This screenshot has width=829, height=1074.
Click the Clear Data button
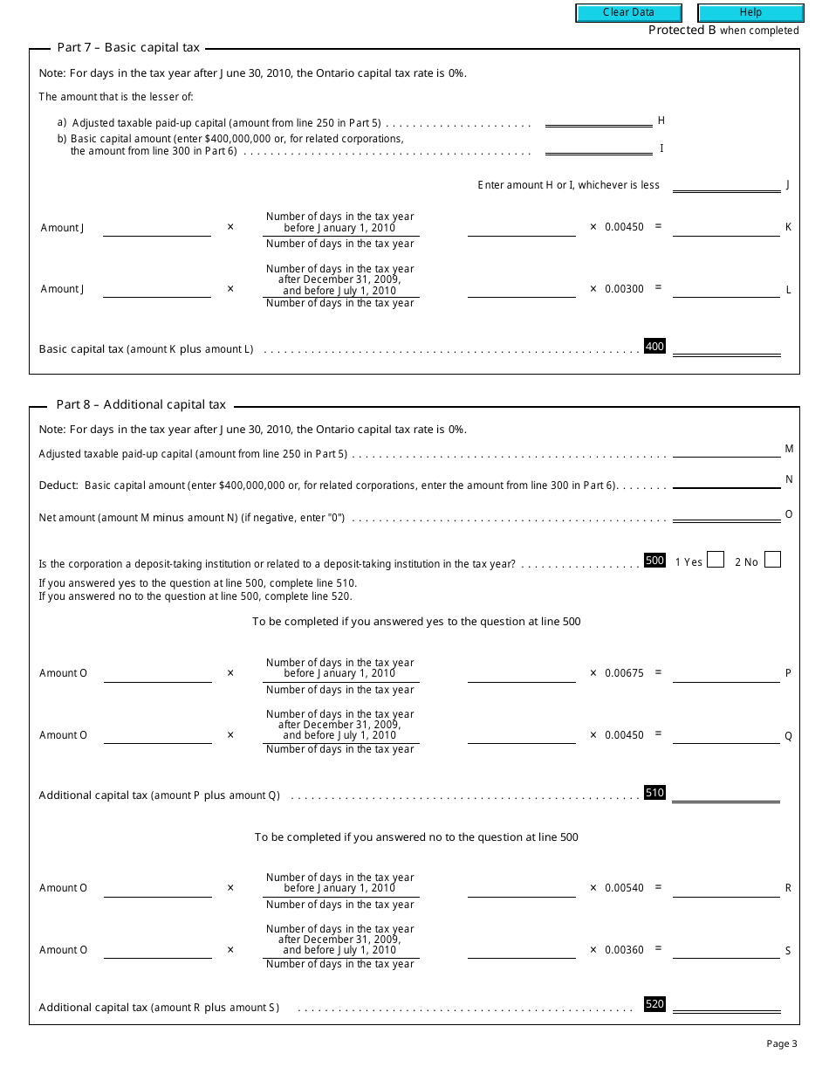pos(628,13)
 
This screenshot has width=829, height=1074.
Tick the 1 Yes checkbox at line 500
pos(716,561)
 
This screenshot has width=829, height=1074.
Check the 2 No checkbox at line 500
pos(772,561)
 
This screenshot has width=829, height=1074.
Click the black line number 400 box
pos(654,347)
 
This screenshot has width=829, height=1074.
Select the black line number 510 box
pos(654,793)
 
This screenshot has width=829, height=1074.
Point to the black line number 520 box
pos(654,1004)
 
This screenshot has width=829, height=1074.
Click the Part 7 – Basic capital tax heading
pos(128,48)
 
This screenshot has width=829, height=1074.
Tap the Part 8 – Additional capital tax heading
pos(141,404)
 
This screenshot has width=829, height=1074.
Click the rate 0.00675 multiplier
pos(624,673)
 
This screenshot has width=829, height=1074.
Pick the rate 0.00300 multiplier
pos(624,289)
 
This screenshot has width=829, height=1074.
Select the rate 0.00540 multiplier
pos(624,888)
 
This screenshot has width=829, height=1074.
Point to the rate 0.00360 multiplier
pos(624,950)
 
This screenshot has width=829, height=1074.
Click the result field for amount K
pos(726,228)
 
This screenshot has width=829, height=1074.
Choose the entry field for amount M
pos(726,450)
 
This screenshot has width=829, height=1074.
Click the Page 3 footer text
pos(782,1043)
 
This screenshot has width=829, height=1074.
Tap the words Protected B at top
pos(682,31)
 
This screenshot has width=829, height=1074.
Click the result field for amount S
pos(726,950)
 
